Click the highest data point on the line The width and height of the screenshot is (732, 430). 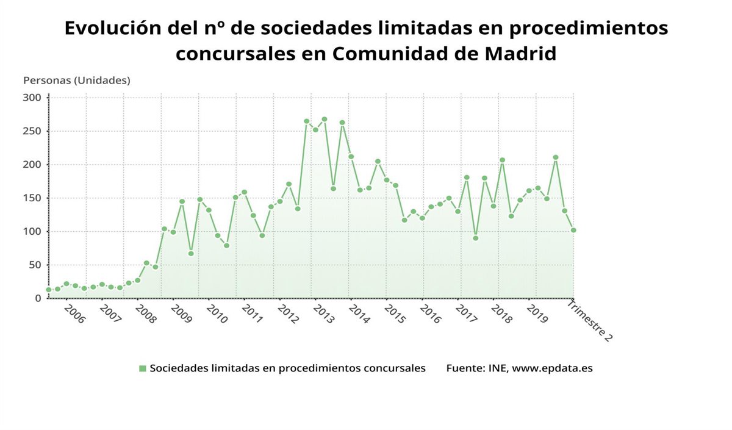pyautogui.click(x=324, y=120)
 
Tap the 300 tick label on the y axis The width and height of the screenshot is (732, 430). pyautogui.click(x=32, y=98)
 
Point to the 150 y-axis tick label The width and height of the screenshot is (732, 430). pyautogui.click(x=32, y=198)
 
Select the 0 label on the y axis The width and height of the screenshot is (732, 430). pyautogui.click(x=38, y=298)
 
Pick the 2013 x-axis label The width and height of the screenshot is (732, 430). pyautogui.click(x=323, y=315)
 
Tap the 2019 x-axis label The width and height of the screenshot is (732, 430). pyautogui.click(x=537, y=315)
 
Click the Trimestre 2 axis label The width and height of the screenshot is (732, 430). pyautogui.click(x=590, y=321)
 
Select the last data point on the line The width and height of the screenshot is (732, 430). pyautogui.click(x=573, y=231)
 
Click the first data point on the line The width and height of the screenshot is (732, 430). pyautogui.click(x=49, y=290)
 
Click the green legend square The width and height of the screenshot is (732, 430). pyautogui.click(x=143, y=368)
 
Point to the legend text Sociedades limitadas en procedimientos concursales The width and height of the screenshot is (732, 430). pyautogui.click(x=287, y=368)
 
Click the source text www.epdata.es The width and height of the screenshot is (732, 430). pyautogui.click(x=552, y=368)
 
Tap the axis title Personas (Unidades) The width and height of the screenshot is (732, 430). pyautogui.click(x=77, y=81)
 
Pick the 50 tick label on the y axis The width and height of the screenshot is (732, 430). pyautogui.click(x=35, y=265)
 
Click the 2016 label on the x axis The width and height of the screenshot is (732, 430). pyautogui.click(x=430, y=315)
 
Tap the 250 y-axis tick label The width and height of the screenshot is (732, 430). pyautogui.click(x=32, y=131)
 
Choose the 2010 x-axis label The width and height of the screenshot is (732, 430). pyautogui.click(x=217, y=315)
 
